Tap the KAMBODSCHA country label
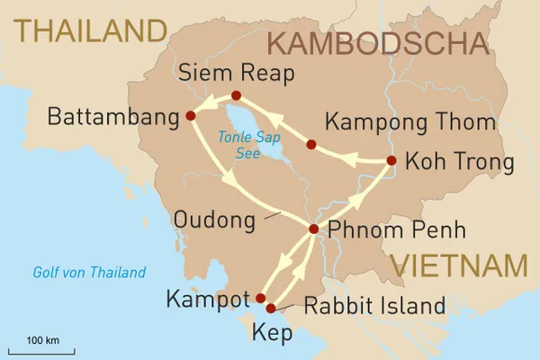(378, 43)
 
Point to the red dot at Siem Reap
(236, 95)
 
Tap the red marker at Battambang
(190, 115)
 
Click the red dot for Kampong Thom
(310, 144)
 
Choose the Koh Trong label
(459, 163)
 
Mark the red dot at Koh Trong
(391, 161)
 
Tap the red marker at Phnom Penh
(313, 229)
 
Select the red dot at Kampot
(261, 298)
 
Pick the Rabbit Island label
(374, 306)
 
